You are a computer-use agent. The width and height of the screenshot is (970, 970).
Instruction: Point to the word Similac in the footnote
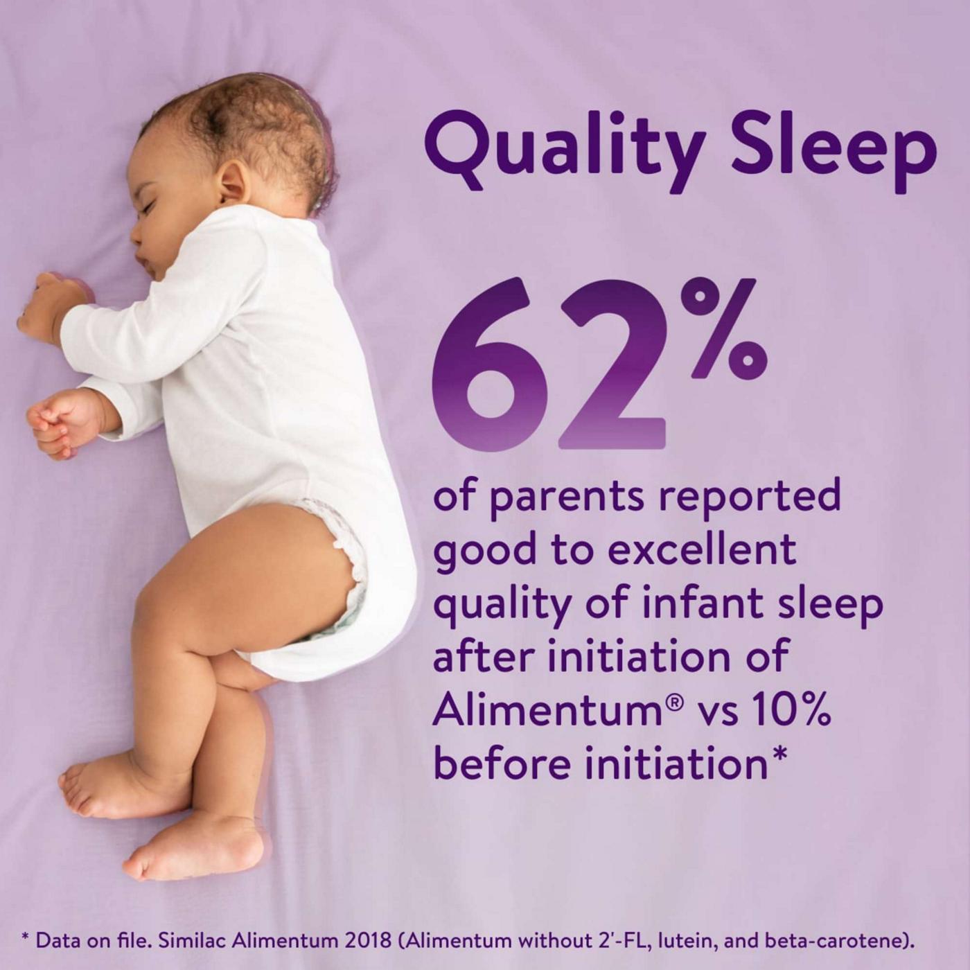192,941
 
